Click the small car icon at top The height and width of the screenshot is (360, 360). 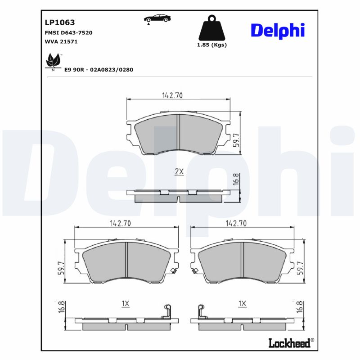click(x=157, y=18)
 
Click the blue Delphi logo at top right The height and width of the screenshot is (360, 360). click(x=278, y=30)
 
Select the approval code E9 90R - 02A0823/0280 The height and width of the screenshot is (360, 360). click(x=99, y=70)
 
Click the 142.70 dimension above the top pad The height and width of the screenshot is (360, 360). click(x=172, y=95)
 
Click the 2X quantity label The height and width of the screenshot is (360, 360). click(x=179, y=171)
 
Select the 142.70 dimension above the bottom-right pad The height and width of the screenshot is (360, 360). click(x=236, y=223)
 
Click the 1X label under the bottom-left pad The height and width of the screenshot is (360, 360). click(x=126, y=304)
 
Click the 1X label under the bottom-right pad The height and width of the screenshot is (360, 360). click(x=242, y=304)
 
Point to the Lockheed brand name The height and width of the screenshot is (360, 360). click(x=289, y=343)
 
